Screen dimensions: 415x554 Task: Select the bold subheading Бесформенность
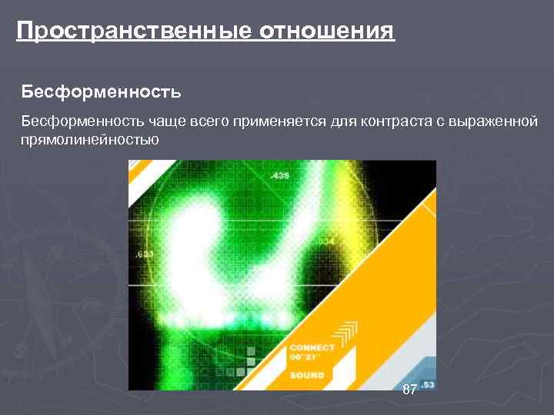[x=101, y=93]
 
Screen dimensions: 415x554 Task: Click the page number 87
[x=409, y=390]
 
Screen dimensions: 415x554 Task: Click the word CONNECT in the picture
[x=312, y=347]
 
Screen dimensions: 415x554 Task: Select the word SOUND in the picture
[x=307, y=375]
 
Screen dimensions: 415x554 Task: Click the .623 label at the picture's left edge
[x=143, y=253]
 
